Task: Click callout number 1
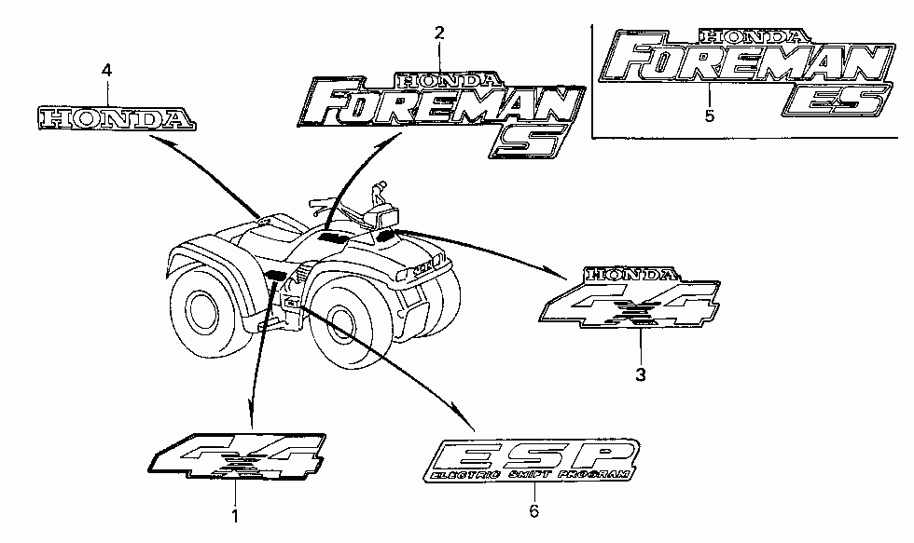pyautogui.click(x=235, y=513)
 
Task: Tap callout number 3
pyautogui.click(x=640, y=374)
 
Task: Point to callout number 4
pyautogui.click(x=106, y=70)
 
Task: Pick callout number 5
pyautogui.click(x=710, y=116)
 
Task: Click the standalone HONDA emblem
pyautogui.click(x=116, y=118)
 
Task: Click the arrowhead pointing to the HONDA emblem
pyautogui.click(x=152, y=138)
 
